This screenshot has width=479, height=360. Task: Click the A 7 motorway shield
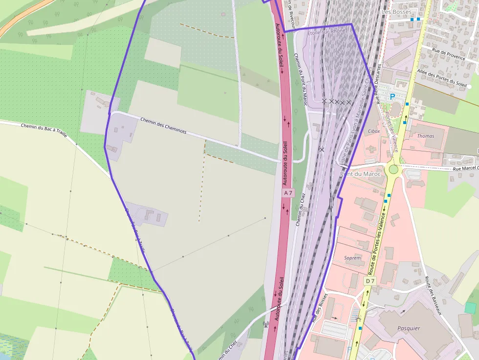tap(288, 193)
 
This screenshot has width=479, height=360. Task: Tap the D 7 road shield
tap(370, 281)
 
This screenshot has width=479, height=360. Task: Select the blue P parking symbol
tap(392, 97)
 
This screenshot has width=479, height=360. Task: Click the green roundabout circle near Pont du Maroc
tap(393, 169)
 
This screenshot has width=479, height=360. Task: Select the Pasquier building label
tap(409, 328)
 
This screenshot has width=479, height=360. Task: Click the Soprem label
tap(352, 258)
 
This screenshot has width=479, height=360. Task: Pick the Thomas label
tap(426, 136)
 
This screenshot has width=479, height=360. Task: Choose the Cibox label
tap(374, 131)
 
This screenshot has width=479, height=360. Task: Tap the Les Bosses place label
tap(397, 11)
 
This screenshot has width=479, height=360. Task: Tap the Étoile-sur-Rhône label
tap(327, 32)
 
